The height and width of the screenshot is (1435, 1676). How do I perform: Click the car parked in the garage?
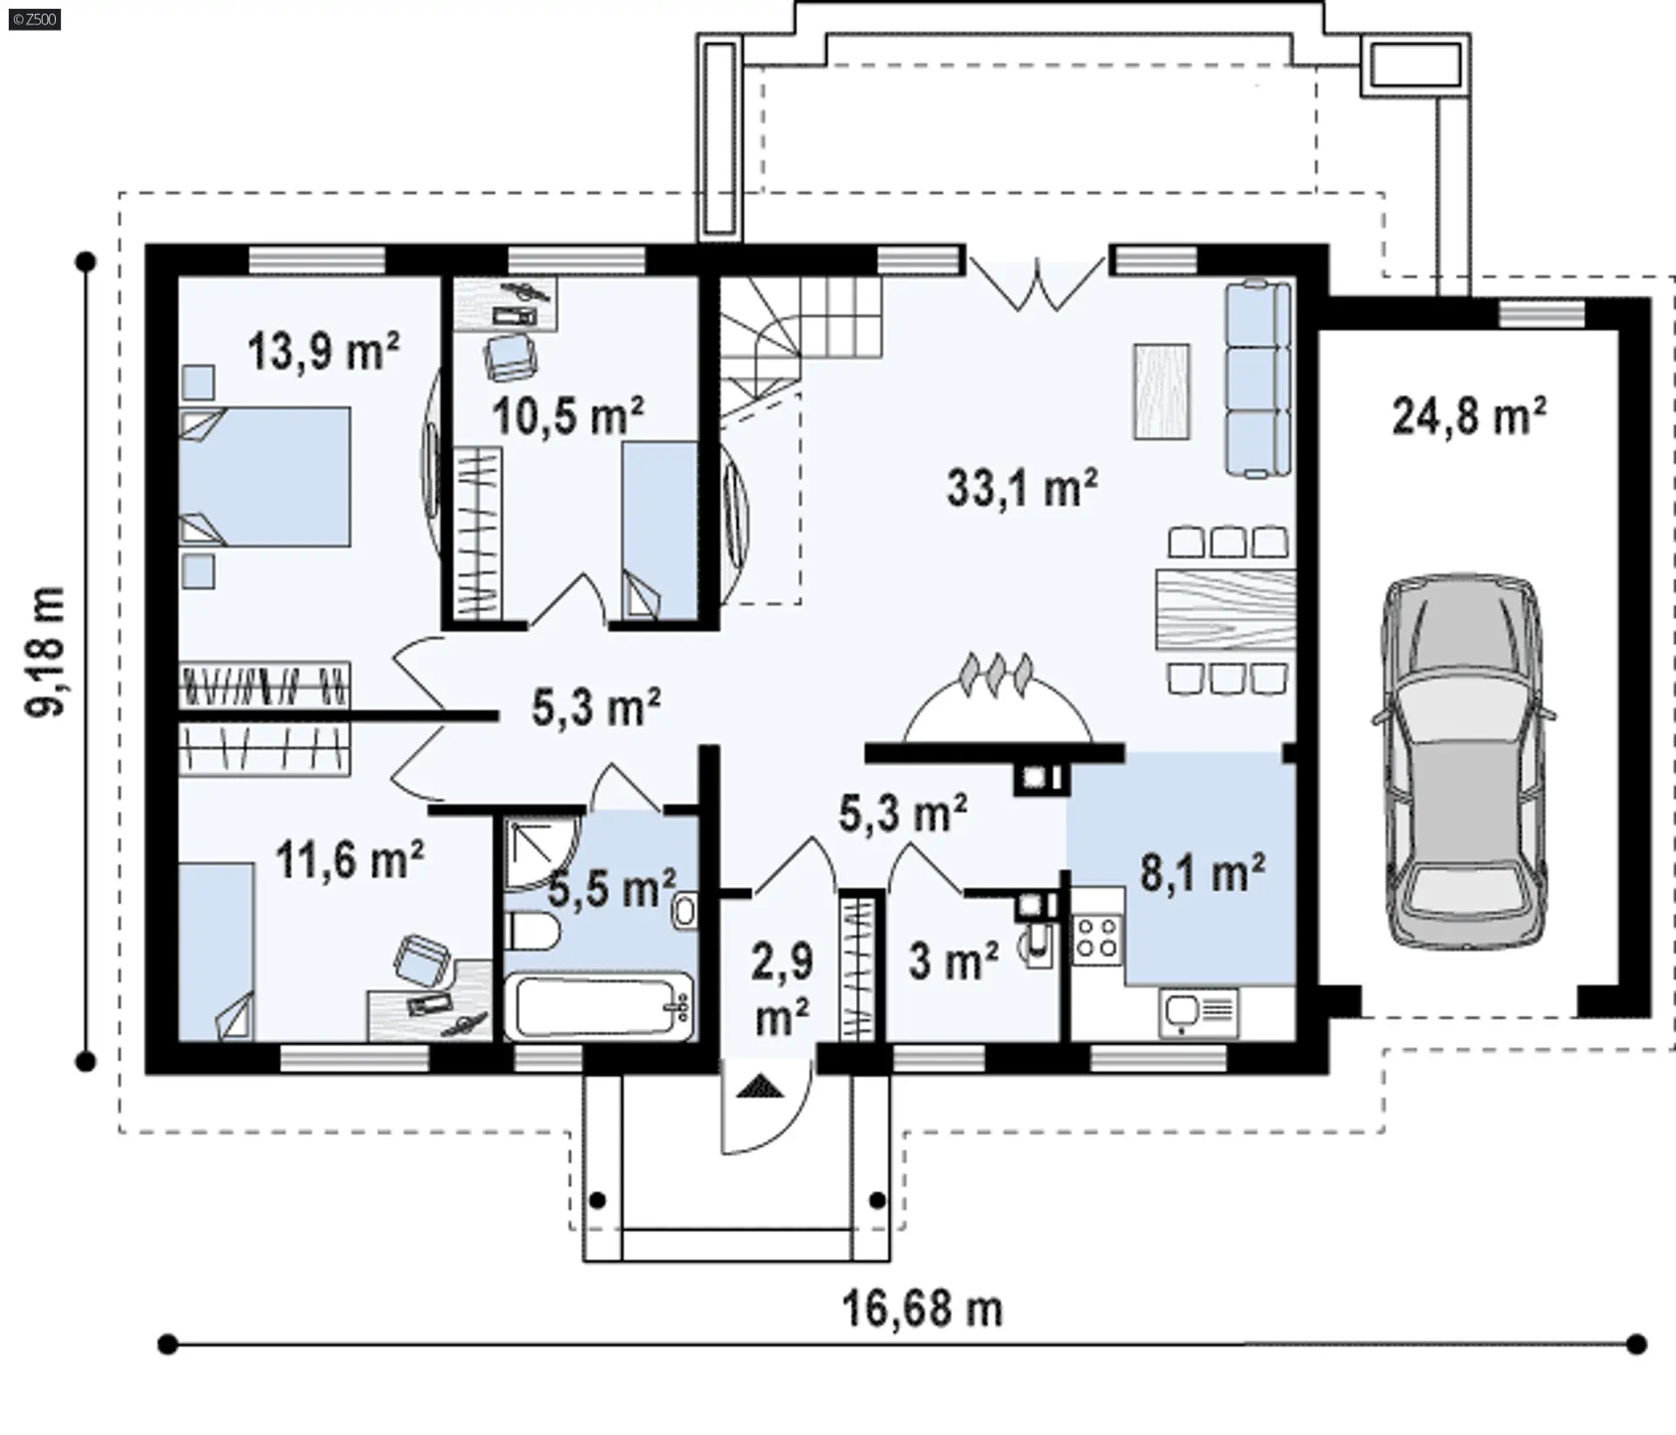coord(1463,762)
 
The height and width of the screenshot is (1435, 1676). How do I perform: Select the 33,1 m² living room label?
coord(1022,487)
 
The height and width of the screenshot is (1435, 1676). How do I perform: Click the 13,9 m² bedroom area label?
coord(324,351)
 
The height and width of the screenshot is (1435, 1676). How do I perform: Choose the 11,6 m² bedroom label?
coord(350,859)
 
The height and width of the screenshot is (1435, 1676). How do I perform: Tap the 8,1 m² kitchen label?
coord(1203,872)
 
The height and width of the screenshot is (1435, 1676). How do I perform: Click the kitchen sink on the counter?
coord(1199,1013)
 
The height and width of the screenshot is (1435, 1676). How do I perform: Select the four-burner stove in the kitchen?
coord(1097,938)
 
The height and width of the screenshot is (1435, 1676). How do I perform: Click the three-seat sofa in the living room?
coord(1258,379)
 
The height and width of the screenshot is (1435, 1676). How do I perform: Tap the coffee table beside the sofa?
coord(1162,390)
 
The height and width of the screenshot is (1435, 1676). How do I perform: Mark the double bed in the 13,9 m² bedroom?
coord(264,477)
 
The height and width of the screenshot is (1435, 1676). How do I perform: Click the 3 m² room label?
coord(953,961)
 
